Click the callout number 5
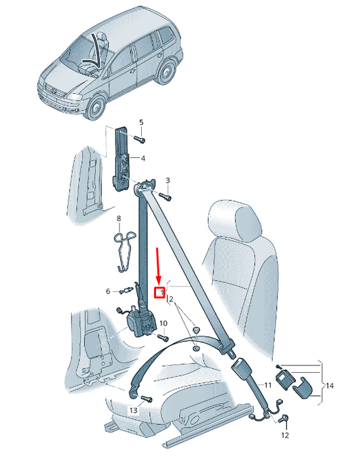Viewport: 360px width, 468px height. point(141,122)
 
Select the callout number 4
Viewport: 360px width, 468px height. point(143,159)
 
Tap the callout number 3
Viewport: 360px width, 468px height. point(168,180)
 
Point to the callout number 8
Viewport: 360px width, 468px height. point(118,218)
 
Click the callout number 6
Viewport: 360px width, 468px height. point(107,291)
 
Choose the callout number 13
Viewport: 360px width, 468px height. point(133,410)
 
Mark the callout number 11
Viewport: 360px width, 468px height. point(268,385)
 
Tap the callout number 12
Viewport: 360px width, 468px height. point(284,436)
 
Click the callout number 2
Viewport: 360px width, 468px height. point(171,298)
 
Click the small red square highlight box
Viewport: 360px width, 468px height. point(159,292)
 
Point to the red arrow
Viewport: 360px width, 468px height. point(158,265)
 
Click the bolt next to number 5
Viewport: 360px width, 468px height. point(138,138)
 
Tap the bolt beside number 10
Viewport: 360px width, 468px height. point(161,337)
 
